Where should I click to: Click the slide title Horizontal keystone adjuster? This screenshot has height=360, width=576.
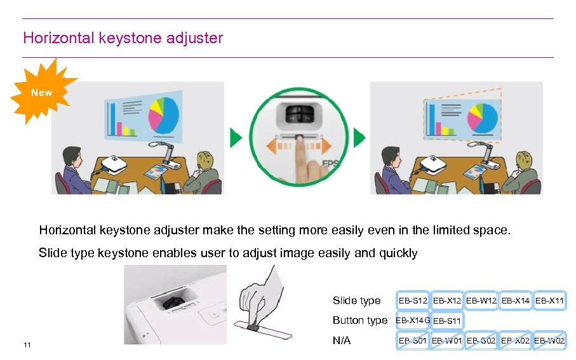click(123, 38)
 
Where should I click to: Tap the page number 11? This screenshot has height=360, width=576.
click(27, 345)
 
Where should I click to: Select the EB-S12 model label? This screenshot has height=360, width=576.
click(413, 300)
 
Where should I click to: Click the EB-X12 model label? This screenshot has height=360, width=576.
click(447, 300)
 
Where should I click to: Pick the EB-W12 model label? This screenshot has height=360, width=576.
click(481, 300)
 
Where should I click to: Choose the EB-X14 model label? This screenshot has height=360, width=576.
click(515, 300)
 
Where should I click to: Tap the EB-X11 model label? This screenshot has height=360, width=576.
click(549, 300)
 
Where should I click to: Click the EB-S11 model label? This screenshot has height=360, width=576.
click(447, 321)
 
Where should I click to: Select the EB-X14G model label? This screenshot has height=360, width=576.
click(413, 320)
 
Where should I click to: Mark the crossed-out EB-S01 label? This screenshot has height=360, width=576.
click(413, 341)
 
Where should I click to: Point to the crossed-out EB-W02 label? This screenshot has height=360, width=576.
click(549, 341)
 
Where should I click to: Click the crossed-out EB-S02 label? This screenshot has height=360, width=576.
click(481, 341)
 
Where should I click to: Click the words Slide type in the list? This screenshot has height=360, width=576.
click(356, 300)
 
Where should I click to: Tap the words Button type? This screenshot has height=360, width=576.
click(359, 320)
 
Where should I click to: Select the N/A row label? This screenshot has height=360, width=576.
click(342, 341)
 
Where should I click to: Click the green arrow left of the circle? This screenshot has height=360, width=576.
click(236, 138)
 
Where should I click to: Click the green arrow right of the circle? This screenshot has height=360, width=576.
click(359, 138)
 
